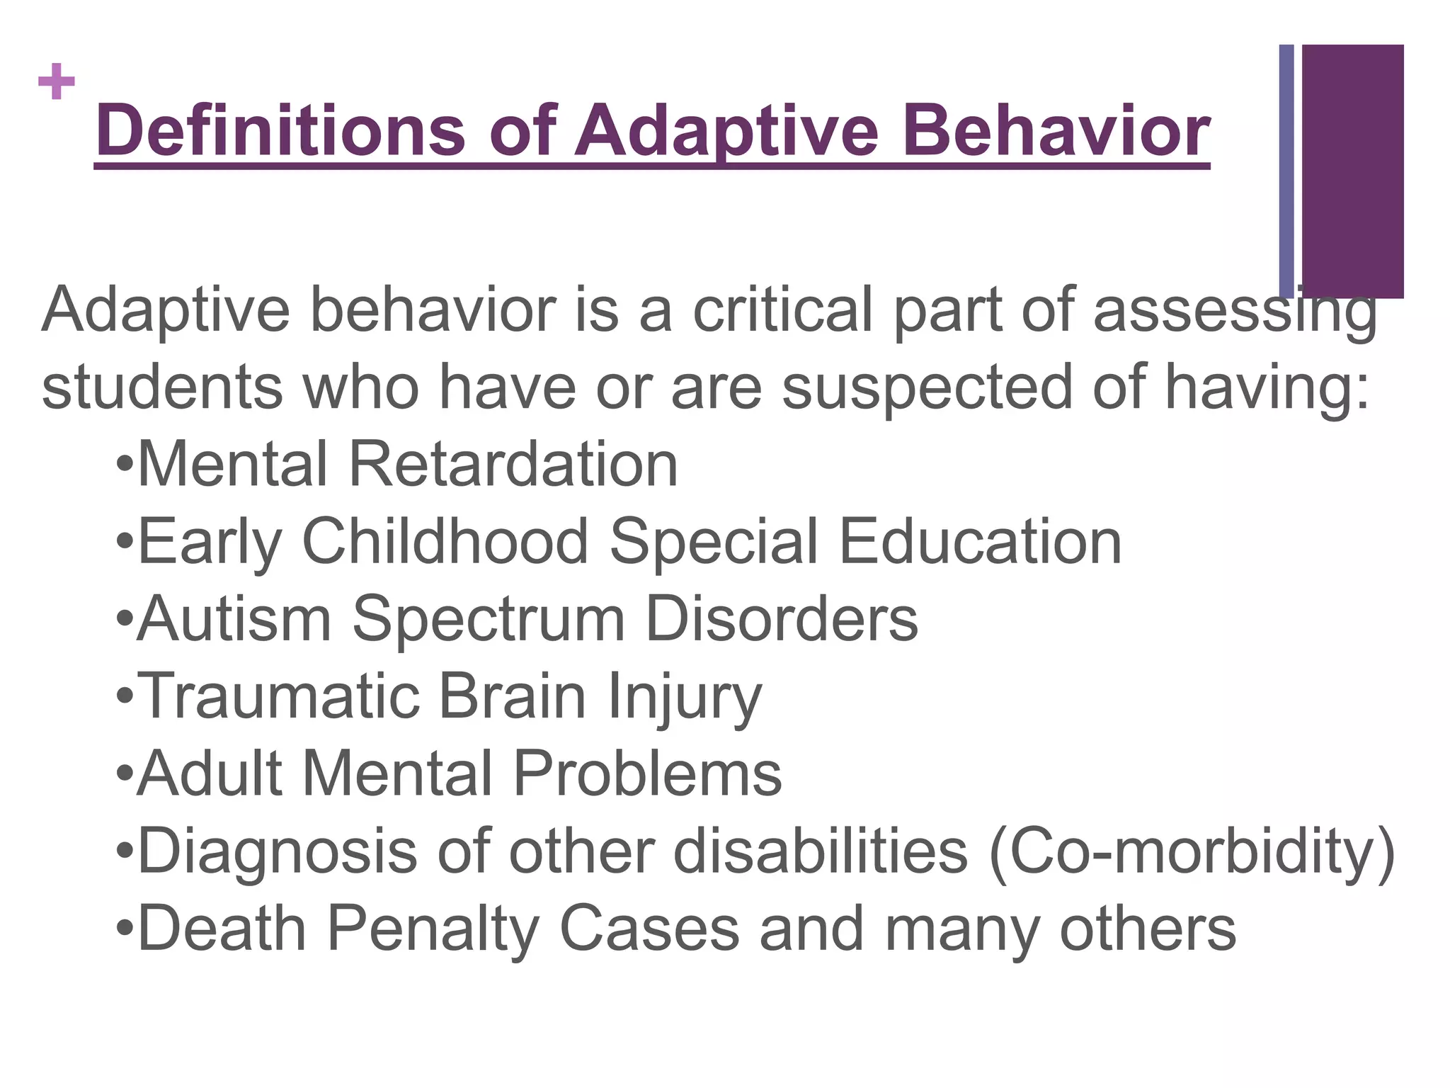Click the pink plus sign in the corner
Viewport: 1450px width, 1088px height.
(57, 82)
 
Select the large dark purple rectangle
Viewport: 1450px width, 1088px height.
(1352, 171)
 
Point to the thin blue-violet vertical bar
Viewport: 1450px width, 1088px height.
(1286, 171)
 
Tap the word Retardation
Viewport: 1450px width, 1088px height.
(513, 465)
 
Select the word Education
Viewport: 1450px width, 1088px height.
(980, 542)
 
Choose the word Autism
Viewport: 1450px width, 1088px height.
(234, 619)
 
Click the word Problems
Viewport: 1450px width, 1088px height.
(647, 773)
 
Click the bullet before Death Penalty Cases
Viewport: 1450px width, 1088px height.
(125, 928)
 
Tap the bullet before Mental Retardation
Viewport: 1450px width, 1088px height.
(125, 465)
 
